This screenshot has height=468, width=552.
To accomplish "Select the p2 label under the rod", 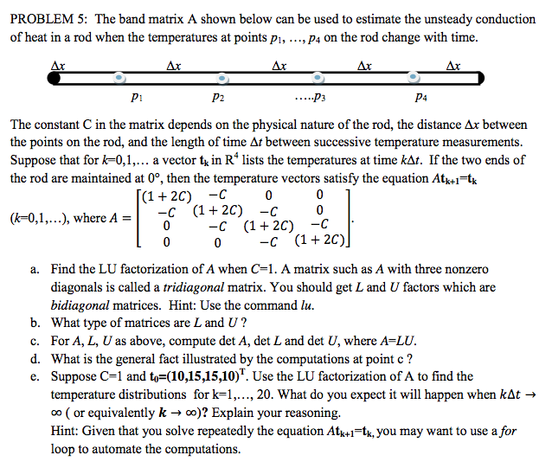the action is pyautogui.click(x=219, y=99).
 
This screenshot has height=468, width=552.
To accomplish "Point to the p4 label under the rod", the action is pyautogui.click(x=420, y=99).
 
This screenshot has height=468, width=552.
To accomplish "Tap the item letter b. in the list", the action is pyautogui.click(x=35, y=324).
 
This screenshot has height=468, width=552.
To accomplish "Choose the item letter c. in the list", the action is pyautogui.click(x=35, y=341).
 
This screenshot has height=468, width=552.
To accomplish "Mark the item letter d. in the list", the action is pyautogui.click(x=35, y=358).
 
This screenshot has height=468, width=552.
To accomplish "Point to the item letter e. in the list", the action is pyautogui.click(x=35, y=376).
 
